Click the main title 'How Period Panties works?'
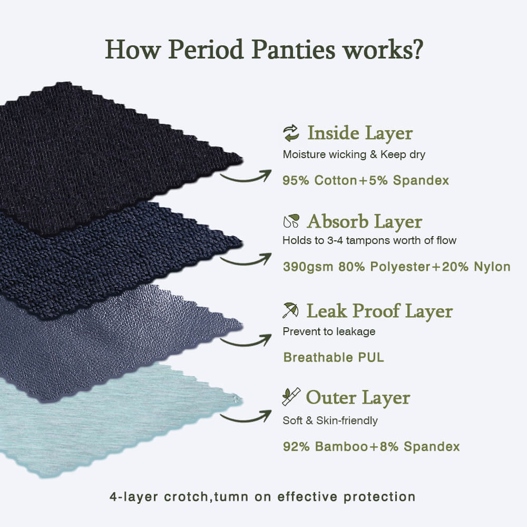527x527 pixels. (264, 50)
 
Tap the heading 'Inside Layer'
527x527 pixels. (360, 133)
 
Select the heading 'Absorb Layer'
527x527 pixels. (365, 221)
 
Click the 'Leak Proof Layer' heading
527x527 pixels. (379, 311)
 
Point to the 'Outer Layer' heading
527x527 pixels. (358, 397)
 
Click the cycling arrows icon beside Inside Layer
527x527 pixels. (291, 133)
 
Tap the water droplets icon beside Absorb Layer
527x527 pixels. (291, 221)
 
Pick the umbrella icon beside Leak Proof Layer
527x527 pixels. (290, 310)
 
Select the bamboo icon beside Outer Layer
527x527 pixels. (291, 397)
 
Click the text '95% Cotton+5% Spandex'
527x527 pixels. (366, 180)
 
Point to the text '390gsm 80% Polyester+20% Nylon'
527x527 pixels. (397, 267)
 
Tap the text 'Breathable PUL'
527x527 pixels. (334, 357)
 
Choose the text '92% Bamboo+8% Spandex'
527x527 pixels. (371, 447)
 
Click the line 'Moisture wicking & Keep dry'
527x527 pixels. (354, 154)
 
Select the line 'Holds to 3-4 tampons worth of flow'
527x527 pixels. (369, 241)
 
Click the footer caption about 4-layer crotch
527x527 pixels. (262, 497)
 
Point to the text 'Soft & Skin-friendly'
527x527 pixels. (330, 421)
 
